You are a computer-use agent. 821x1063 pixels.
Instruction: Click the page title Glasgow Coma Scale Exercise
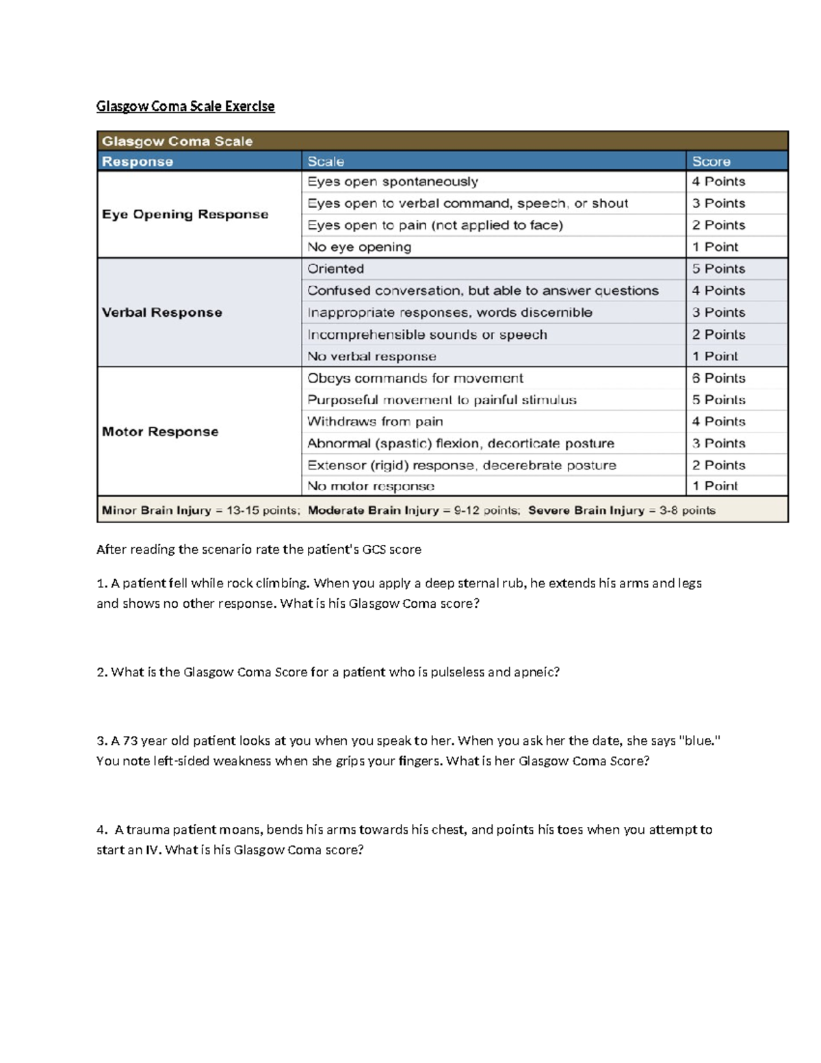point(185,106)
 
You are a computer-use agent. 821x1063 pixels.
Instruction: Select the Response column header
point(138,162)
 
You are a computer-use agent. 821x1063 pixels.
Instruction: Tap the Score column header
point(711,162)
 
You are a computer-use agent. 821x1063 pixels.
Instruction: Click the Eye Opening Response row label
point(185,214)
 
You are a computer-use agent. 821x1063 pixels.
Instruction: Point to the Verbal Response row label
point(162,313)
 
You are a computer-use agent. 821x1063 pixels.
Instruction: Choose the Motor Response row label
point(160,432)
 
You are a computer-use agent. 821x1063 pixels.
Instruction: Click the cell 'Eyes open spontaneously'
point(393,181)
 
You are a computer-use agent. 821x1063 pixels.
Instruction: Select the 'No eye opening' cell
point(359,247)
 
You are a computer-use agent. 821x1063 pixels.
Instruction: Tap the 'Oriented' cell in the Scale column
point(335,269)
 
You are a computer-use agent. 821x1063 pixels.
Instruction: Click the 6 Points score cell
point(718,378)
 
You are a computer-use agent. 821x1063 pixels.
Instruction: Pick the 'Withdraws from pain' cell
point(375,422)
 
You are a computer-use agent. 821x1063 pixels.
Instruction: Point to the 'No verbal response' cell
point(372,357)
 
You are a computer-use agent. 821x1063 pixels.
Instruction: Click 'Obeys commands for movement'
point(415,378)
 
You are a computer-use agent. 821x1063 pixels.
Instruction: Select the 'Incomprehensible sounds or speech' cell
point(427,335)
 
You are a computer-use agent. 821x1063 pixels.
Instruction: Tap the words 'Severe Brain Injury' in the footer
point(586,511)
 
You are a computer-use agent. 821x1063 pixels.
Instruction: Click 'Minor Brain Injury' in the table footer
point(156,511)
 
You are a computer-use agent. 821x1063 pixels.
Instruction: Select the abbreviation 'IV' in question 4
point(153,850)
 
